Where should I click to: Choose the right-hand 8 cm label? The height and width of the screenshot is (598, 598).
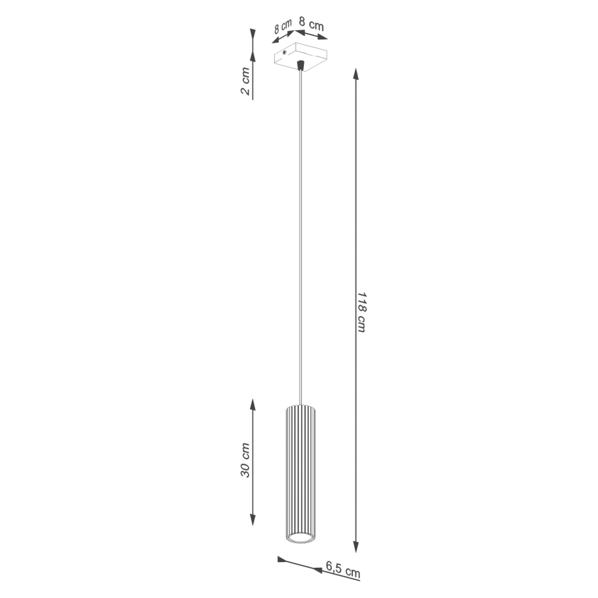pyautogui.click(x=311, y=25)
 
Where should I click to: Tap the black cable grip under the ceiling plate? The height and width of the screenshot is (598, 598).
pyautogui.click(x=300, y=66)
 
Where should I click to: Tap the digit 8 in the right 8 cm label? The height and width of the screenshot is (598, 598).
pyautogui.click(x=303, y=23)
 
